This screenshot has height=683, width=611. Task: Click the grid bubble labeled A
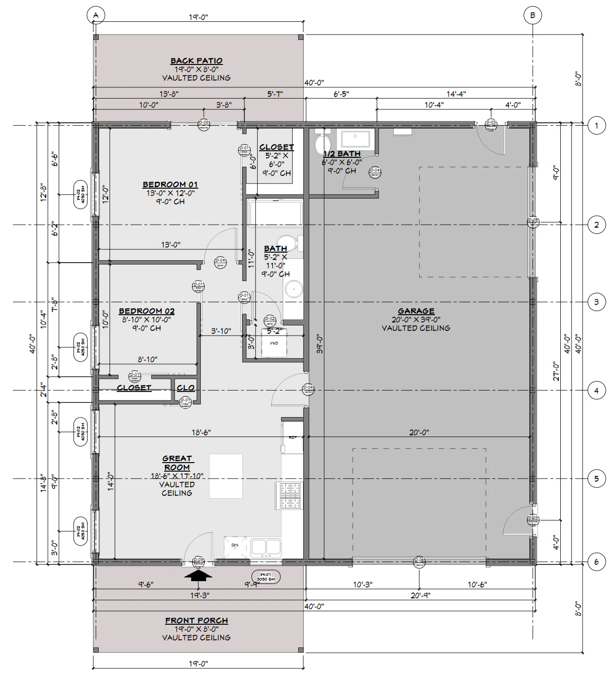pyautogui.click(x=96, y=15)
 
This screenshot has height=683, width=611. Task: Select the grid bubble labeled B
pyautogui.click(x=532, y=15)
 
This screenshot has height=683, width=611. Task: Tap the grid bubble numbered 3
pyautogui.click(x=596, y=302)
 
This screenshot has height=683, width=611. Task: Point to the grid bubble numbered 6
pyautogui.click(x=596, y=562)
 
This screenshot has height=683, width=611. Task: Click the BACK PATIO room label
pyautogui.click(x=196, y=61)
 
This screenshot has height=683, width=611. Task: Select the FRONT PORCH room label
pyautogui.click(x=196, y=620)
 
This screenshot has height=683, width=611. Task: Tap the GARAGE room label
pyautogui.click(x=416, y=311)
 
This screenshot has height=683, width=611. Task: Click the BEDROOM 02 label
pyautogui.click(x=147, y=311)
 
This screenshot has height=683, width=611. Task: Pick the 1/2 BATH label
pyautogui.click(x=342, y=154)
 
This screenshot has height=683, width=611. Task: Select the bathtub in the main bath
pyautogui.click(x=275, y=213)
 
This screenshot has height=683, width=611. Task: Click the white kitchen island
pyautogui.click(x=226, y=476)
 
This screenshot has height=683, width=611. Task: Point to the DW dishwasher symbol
pyautogui.click(x=235, y=546)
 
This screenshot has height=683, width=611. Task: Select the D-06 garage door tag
pyautogui.click(x=419, y=562)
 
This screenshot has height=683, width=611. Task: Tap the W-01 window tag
pyautogui.click(x=266, y=577)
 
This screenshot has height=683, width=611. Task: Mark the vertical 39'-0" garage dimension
pyautogui.click(x=320, y=345)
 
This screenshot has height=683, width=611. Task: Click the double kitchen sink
pyautogui.click(x=266, y=547)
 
